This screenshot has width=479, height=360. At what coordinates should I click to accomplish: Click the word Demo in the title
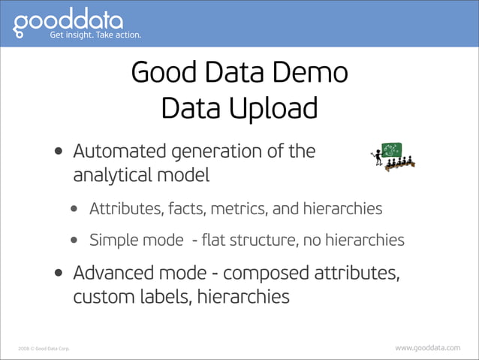click(309, 74)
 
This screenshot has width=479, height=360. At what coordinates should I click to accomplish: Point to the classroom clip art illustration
click(393, 156)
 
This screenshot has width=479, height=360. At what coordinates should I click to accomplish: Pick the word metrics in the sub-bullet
click(250, 208)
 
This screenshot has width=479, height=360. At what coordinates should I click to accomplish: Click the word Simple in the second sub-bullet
click(113, 241)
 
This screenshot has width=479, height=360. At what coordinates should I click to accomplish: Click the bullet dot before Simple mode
click(76, 241)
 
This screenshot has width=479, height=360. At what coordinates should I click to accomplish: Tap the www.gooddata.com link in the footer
click(427, 347)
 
